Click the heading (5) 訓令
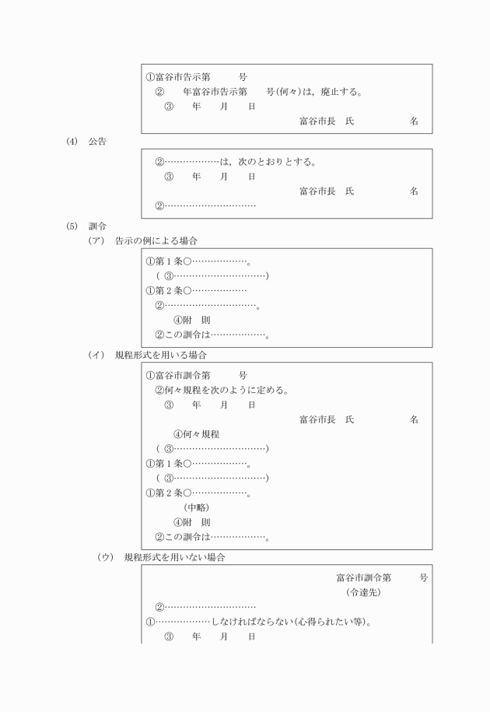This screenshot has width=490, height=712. (x=87, y=226)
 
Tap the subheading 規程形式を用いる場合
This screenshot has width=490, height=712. (x=160, y=355)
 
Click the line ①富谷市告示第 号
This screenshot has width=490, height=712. (x=197, y=77)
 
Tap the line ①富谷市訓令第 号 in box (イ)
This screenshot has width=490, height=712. (x=197, y=375)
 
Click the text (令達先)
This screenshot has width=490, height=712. (x=363, y=592)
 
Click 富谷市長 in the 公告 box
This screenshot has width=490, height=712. (x=317, y=191)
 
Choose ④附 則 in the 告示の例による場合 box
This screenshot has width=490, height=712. (x=191, y=320)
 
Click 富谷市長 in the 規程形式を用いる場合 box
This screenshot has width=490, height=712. (x=317, y=419)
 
